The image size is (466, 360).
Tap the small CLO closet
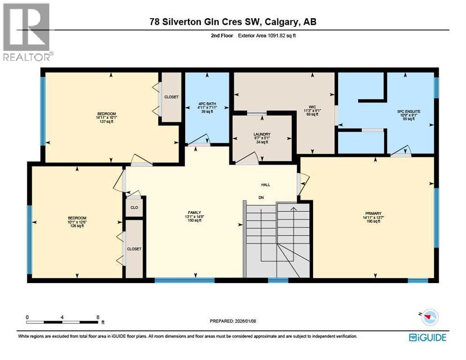pyautogui.click(x=134, y=207)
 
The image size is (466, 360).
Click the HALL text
pyautogui.click(x=265, y=185)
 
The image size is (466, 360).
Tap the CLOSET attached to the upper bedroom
pyautogui.click(x=171, y=97)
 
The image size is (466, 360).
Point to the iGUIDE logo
pyautogui.click(x=428, y=337)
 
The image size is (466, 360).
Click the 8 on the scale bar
pyautogui.click(x=98, y=317)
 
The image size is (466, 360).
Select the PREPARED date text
pyautogui.click(x=233, y=321)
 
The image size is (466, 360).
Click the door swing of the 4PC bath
pyautogui.click(x=197, y=140)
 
